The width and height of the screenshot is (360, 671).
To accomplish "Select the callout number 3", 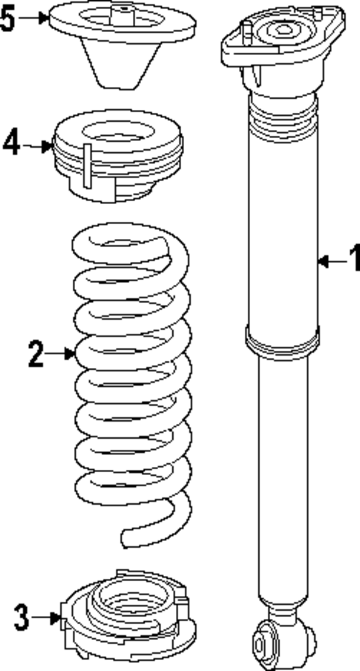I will click(x=23, y=616).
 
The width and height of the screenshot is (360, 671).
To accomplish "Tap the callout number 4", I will click(x=11, y=144).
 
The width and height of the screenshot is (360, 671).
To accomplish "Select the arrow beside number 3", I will click(x=48, y=616).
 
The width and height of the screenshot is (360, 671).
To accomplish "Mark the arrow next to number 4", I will click(x=37, y=145).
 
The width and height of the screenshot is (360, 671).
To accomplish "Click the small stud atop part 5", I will click(x=122, y=11).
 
